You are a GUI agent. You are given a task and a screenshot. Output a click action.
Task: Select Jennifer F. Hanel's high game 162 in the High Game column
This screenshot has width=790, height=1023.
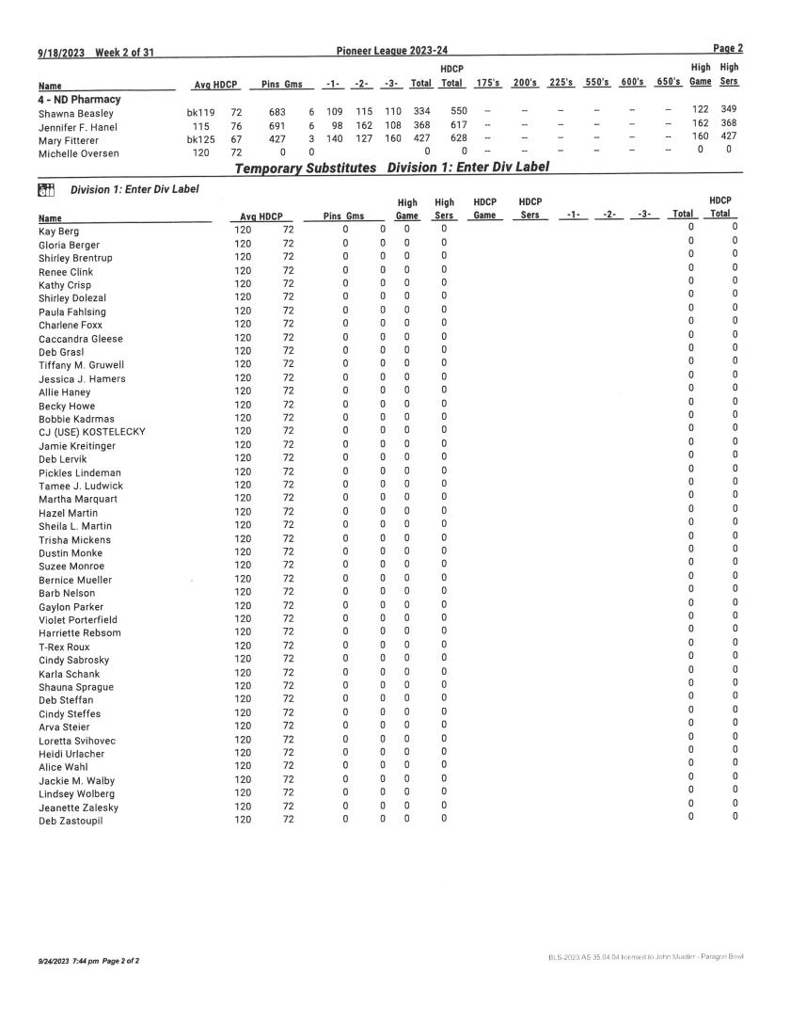[699, 124]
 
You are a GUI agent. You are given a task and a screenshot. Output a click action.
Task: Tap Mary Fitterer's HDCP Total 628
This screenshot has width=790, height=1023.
[459, 137]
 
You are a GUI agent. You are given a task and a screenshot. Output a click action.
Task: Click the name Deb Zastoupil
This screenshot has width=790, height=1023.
[71, 821]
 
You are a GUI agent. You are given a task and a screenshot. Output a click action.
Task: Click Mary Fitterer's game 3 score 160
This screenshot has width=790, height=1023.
[392, 137]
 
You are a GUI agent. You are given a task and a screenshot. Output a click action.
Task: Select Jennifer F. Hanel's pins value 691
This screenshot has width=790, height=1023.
[276, 124]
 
